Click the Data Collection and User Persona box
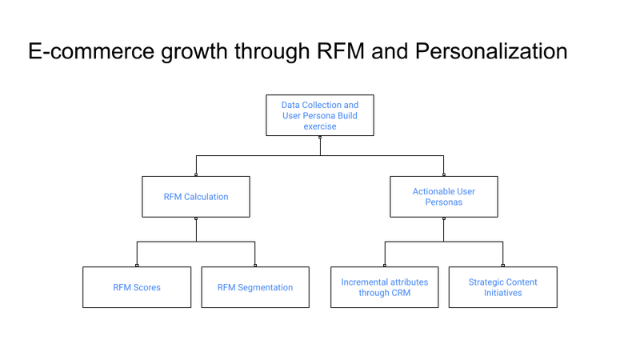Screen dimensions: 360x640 point(320,115)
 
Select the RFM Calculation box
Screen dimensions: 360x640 point(196,197)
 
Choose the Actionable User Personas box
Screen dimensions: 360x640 point(443,197)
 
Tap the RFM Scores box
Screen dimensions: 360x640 point(137,287)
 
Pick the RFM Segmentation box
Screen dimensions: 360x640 point(255,287)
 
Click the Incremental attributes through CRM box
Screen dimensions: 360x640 point(385,287)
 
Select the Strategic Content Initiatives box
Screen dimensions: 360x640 point(502,287)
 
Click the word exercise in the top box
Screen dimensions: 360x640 point(320,126)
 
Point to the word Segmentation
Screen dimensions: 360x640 point(265,287)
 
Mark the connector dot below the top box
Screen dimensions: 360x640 point(320,138)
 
